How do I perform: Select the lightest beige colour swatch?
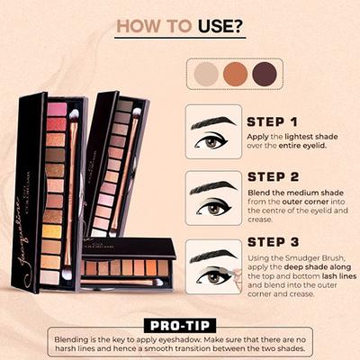[207, 72]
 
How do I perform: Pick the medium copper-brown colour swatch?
[236, 72]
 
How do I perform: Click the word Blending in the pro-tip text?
[74, 336]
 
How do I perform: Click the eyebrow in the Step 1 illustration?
[209, 121]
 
